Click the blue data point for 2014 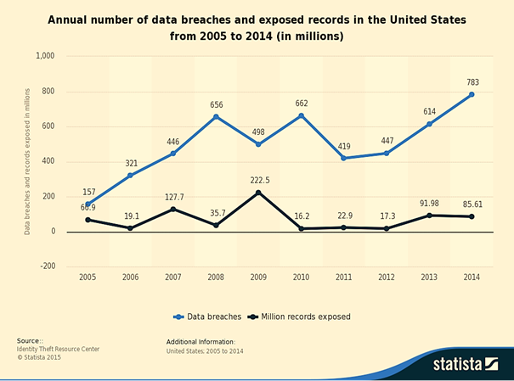click(472, 94)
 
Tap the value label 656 click(217, 105)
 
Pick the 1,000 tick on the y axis click(44, 56)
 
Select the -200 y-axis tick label click(46, 266)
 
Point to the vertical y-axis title click(27, 160)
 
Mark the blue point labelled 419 click(342, 158)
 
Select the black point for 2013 click(428, 216)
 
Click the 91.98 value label click(428, 203)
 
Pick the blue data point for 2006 click(130, 176)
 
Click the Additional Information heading click(201, 341)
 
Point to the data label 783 click(472, 82)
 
